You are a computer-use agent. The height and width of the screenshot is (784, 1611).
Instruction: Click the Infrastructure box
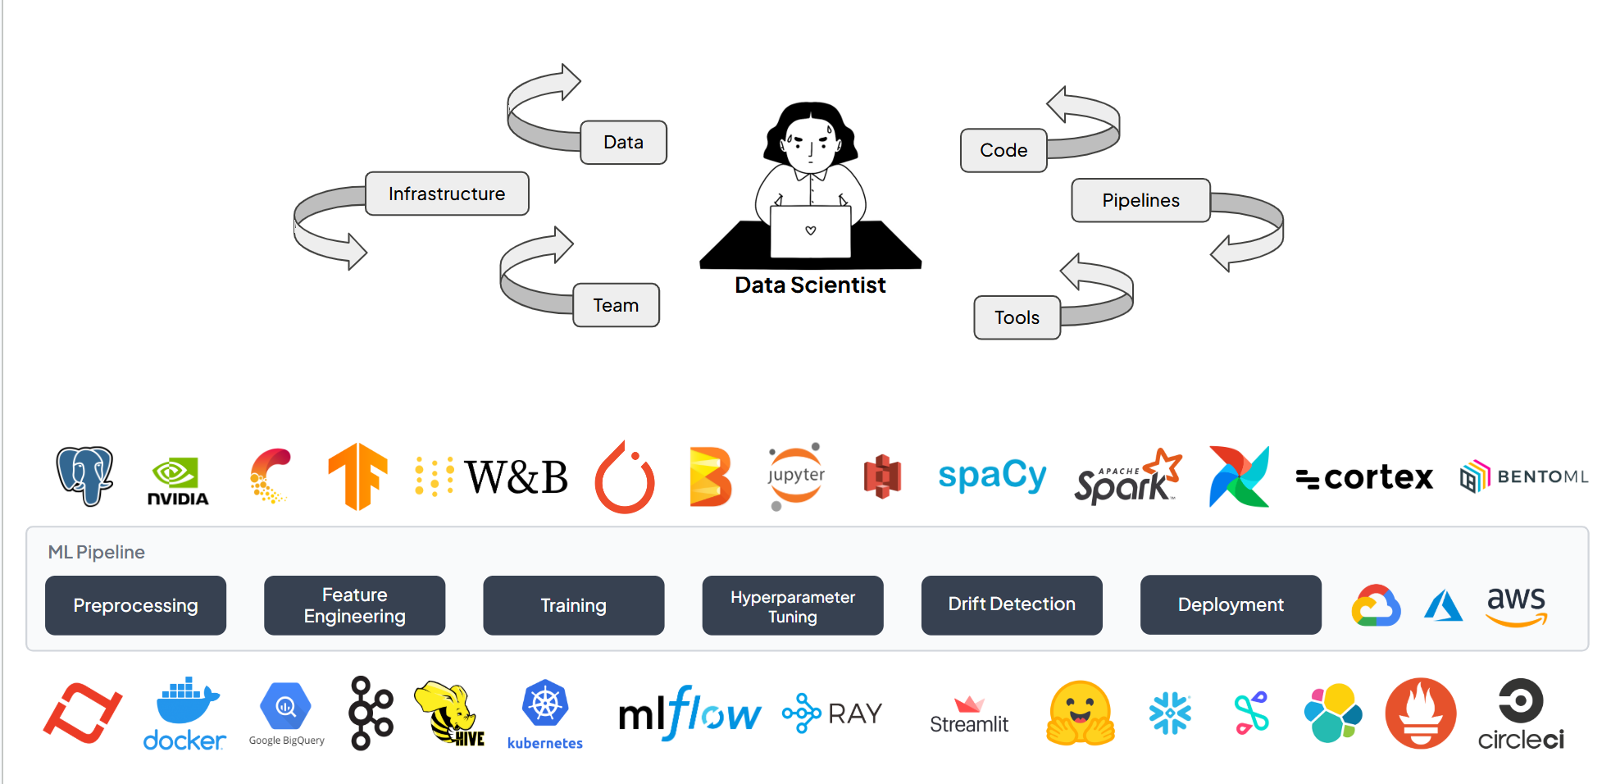pos(447,194)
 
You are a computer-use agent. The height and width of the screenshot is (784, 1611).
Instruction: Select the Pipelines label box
pos(1140,200)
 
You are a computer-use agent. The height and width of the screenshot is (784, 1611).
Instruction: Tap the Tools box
pos(1017,317)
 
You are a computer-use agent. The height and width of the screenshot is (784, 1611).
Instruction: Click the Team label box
pos(616,305)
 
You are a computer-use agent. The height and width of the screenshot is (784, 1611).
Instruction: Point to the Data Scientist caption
pos(810,285)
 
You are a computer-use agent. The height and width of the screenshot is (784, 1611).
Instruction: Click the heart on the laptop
pos(811,230)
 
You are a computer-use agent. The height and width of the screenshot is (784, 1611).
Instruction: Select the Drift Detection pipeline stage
pos(1011,604)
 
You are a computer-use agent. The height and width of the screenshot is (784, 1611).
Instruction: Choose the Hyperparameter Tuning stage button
pos(792,606)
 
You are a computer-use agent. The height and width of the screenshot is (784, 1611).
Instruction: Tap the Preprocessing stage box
pos(135,606)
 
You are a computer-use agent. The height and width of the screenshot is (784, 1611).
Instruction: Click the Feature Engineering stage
pos(354,606)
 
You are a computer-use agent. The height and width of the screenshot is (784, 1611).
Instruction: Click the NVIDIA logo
pos(177,481)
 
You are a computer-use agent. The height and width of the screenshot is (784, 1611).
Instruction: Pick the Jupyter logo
pos(795,476)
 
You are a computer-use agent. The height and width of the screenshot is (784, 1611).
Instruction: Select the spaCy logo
pos(992,476)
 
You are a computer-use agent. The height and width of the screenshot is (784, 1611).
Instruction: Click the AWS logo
pos(1516,606)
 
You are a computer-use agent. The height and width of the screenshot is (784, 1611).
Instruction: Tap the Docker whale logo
pos(185,714)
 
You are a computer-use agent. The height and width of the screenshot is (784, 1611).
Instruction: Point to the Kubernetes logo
pos(545,713)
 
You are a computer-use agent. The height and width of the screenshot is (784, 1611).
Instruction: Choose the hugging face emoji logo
pos(1081,713)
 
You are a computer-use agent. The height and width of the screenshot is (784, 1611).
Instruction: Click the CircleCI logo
pos(1521,714)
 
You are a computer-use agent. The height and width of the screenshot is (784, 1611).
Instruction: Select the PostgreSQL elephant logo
pos(84,476)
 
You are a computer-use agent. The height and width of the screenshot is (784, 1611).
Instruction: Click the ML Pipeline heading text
pos(96,552)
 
